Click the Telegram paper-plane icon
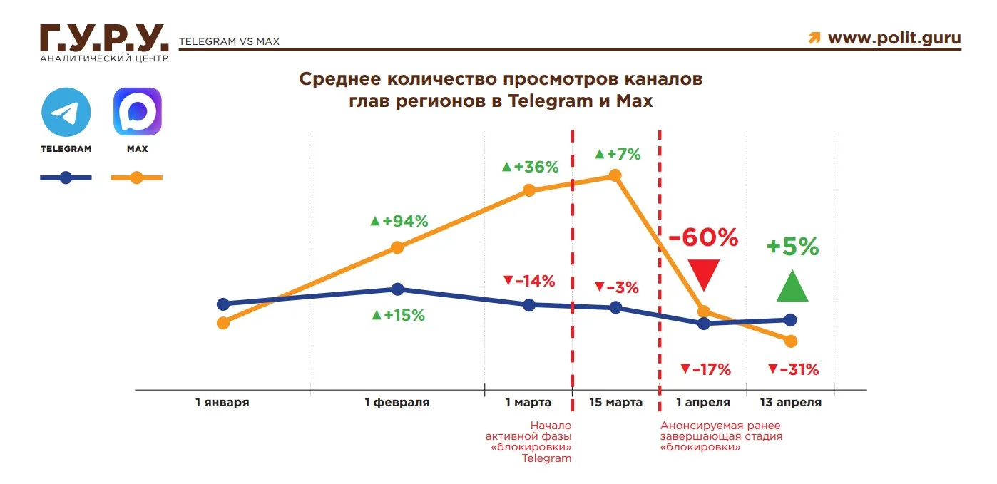[66, 112]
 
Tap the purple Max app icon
[137, 112]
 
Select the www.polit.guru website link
[894, 38]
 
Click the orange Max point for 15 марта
[615, 175]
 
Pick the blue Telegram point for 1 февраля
[398, 289]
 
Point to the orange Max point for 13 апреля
[790, 341]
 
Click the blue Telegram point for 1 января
[223, 304]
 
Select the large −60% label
[702, 237]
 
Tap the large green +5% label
[792, 247]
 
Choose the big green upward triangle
[792, 286]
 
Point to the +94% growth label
[399, 221]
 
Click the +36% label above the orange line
[530, 167]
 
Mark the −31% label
[793, 369]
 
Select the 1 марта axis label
[528, 403]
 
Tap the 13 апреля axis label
[790, 403]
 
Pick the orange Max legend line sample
[137, 177]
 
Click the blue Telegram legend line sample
[66, 177]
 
